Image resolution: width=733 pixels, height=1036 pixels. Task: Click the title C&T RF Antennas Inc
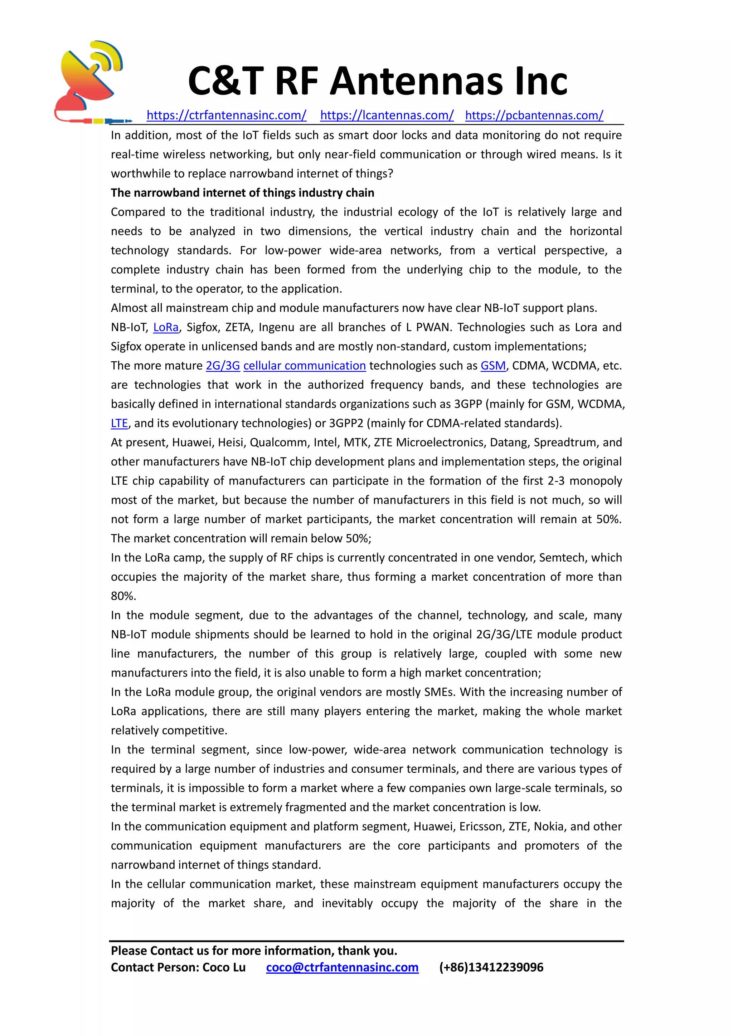tap(377, 81)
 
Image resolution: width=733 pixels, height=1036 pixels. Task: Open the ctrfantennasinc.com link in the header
tap(226, 115)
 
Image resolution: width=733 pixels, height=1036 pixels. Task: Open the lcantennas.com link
tap(387, 115)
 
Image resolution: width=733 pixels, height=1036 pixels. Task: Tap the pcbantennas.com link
tap(534, 115)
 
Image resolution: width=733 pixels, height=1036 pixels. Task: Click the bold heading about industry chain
tap(242, 193)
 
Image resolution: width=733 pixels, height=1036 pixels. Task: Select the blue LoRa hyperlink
tap(166, 327)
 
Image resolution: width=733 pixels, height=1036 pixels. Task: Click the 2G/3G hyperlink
tap(223, 366)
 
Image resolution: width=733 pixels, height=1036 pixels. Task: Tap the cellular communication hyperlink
tap(304, 366)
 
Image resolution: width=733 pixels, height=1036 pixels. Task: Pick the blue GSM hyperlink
tap(493, 366)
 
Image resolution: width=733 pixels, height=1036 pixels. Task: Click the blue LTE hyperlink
tap(119, 423)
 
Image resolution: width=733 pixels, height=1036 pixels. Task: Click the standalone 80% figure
tap(123, 596)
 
